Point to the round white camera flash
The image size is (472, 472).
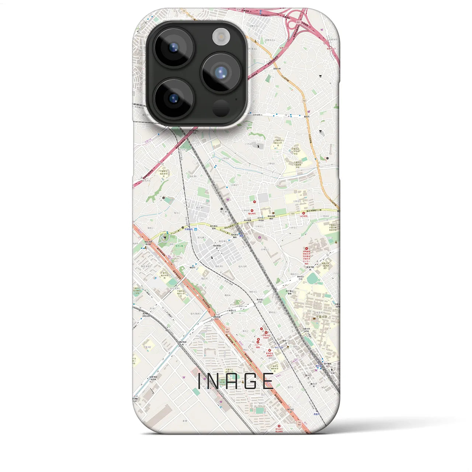221,37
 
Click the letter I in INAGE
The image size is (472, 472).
199,381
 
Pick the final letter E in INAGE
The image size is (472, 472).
268,381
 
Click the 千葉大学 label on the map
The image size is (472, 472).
322,316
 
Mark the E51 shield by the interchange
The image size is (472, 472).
289,21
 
